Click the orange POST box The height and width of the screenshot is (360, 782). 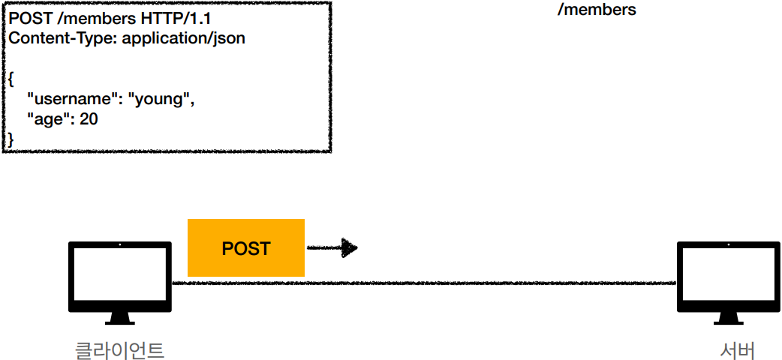[x=245, y=247]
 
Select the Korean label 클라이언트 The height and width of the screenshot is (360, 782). [x=120, y=349]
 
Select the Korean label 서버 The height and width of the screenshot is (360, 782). [x=736, y=349]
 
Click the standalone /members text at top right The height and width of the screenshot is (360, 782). [x=597, y=10]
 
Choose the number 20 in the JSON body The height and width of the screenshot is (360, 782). [x=89, y=118]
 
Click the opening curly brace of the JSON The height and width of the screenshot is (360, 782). [x=11, y=79]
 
